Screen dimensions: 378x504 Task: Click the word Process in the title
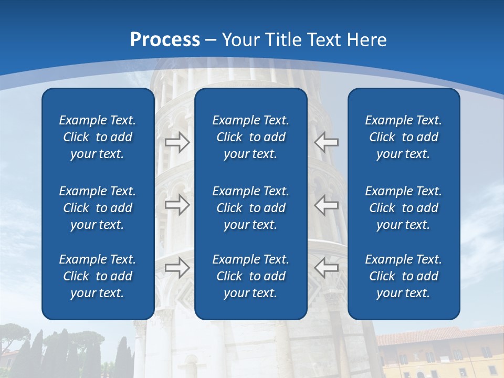point(165,40)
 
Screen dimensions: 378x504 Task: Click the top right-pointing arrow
point(177,142)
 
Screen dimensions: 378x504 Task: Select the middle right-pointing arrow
point(177,205)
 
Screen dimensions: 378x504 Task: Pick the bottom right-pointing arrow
point(177,267)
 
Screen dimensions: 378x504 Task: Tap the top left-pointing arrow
point(327,142)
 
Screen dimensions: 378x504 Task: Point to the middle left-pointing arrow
point(327,205)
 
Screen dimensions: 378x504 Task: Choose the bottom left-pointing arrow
point(327,267)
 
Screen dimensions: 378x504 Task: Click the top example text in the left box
point(98,137)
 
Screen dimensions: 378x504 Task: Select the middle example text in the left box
point(98,208)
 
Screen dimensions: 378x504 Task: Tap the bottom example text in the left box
point(98,276)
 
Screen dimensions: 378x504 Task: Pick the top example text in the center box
point(250,137)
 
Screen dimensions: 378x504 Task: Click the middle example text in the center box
point(250,208)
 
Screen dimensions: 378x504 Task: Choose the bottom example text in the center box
point(250,276)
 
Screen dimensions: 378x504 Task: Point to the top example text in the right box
point(403,137)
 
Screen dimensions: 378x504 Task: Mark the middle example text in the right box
point(403,208)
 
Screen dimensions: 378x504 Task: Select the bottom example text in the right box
point(403,276)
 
